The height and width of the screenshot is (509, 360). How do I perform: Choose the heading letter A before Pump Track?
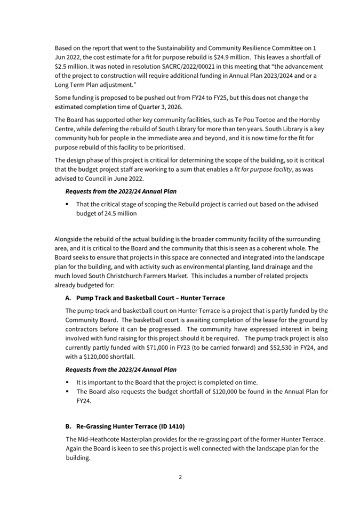click(x=68, y=297)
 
